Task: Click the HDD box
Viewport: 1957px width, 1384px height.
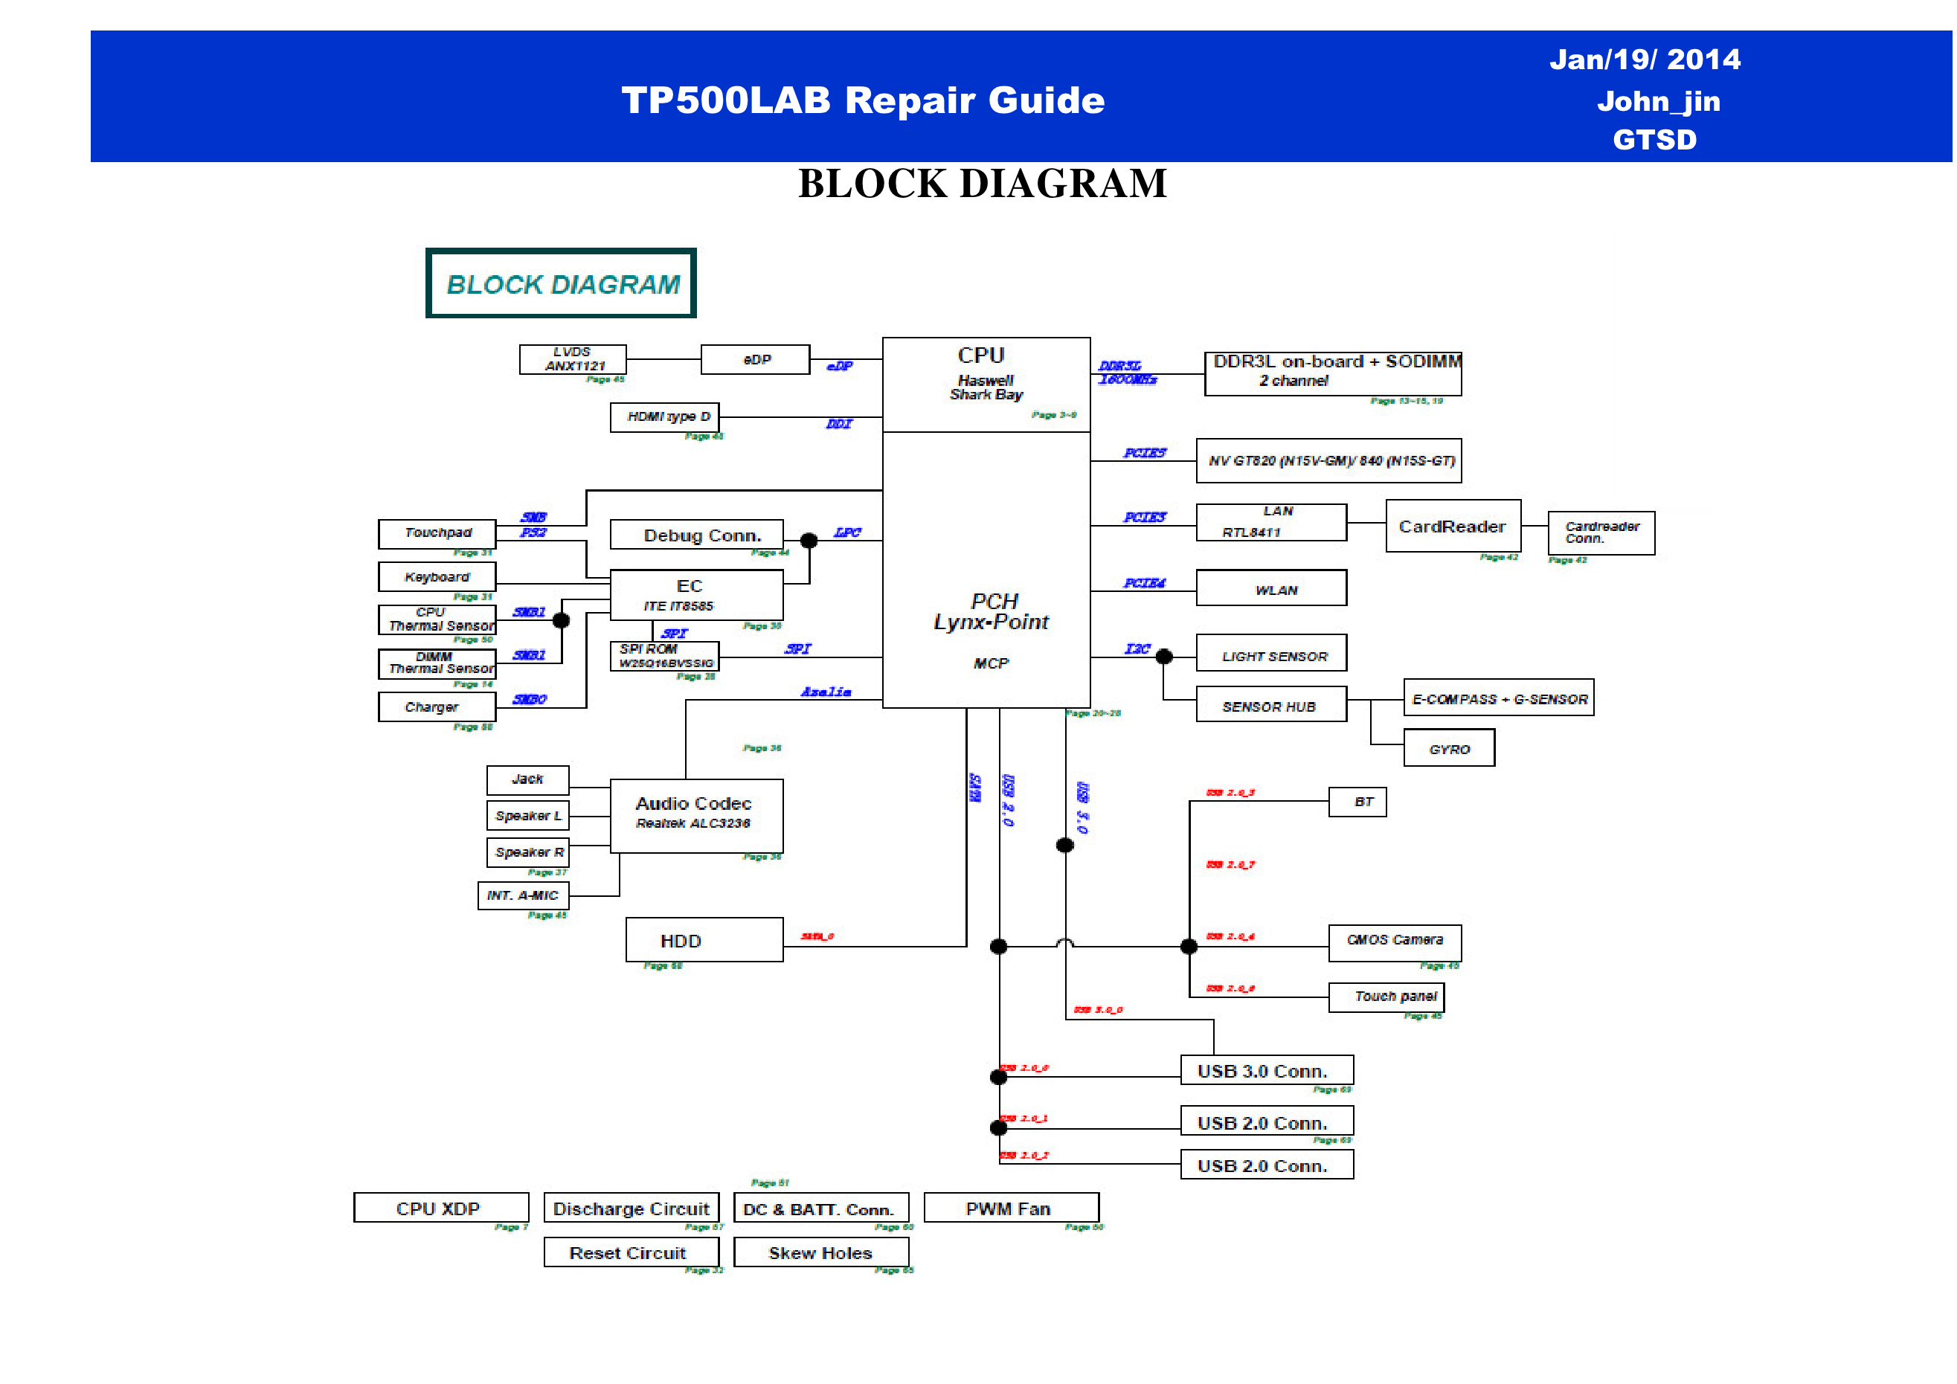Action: coord(704,940)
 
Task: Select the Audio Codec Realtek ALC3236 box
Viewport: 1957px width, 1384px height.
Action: coord(696,816)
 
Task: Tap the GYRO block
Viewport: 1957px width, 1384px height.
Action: coord(1448,748)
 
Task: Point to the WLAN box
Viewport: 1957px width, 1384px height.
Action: coord(1271,588)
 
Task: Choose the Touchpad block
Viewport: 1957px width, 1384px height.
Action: coord(437,533)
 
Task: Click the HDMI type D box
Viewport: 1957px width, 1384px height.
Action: coord(664,416)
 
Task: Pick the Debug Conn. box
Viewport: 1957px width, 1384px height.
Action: coord(696,535)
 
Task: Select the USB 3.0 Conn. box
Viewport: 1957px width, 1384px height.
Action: coord(1267,1070)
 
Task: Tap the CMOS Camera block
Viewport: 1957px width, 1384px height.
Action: coord(1395,941)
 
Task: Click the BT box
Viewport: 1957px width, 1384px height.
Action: coord(1357,802)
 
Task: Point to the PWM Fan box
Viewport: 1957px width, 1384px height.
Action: coord(1011,1208)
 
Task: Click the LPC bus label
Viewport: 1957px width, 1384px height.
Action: coord(847,532)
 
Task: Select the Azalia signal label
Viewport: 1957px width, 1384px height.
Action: coord(825,692)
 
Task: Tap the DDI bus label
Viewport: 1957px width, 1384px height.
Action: coord(839,424)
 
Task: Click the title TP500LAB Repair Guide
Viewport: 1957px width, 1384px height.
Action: coord(863,100)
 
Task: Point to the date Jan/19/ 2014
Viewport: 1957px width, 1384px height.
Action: coord(1644,59)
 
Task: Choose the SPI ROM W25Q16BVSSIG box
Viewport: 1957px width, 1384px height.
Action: coord(664,656)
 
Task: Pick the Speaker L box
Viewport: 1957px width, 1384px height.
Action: coord(527,816)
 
